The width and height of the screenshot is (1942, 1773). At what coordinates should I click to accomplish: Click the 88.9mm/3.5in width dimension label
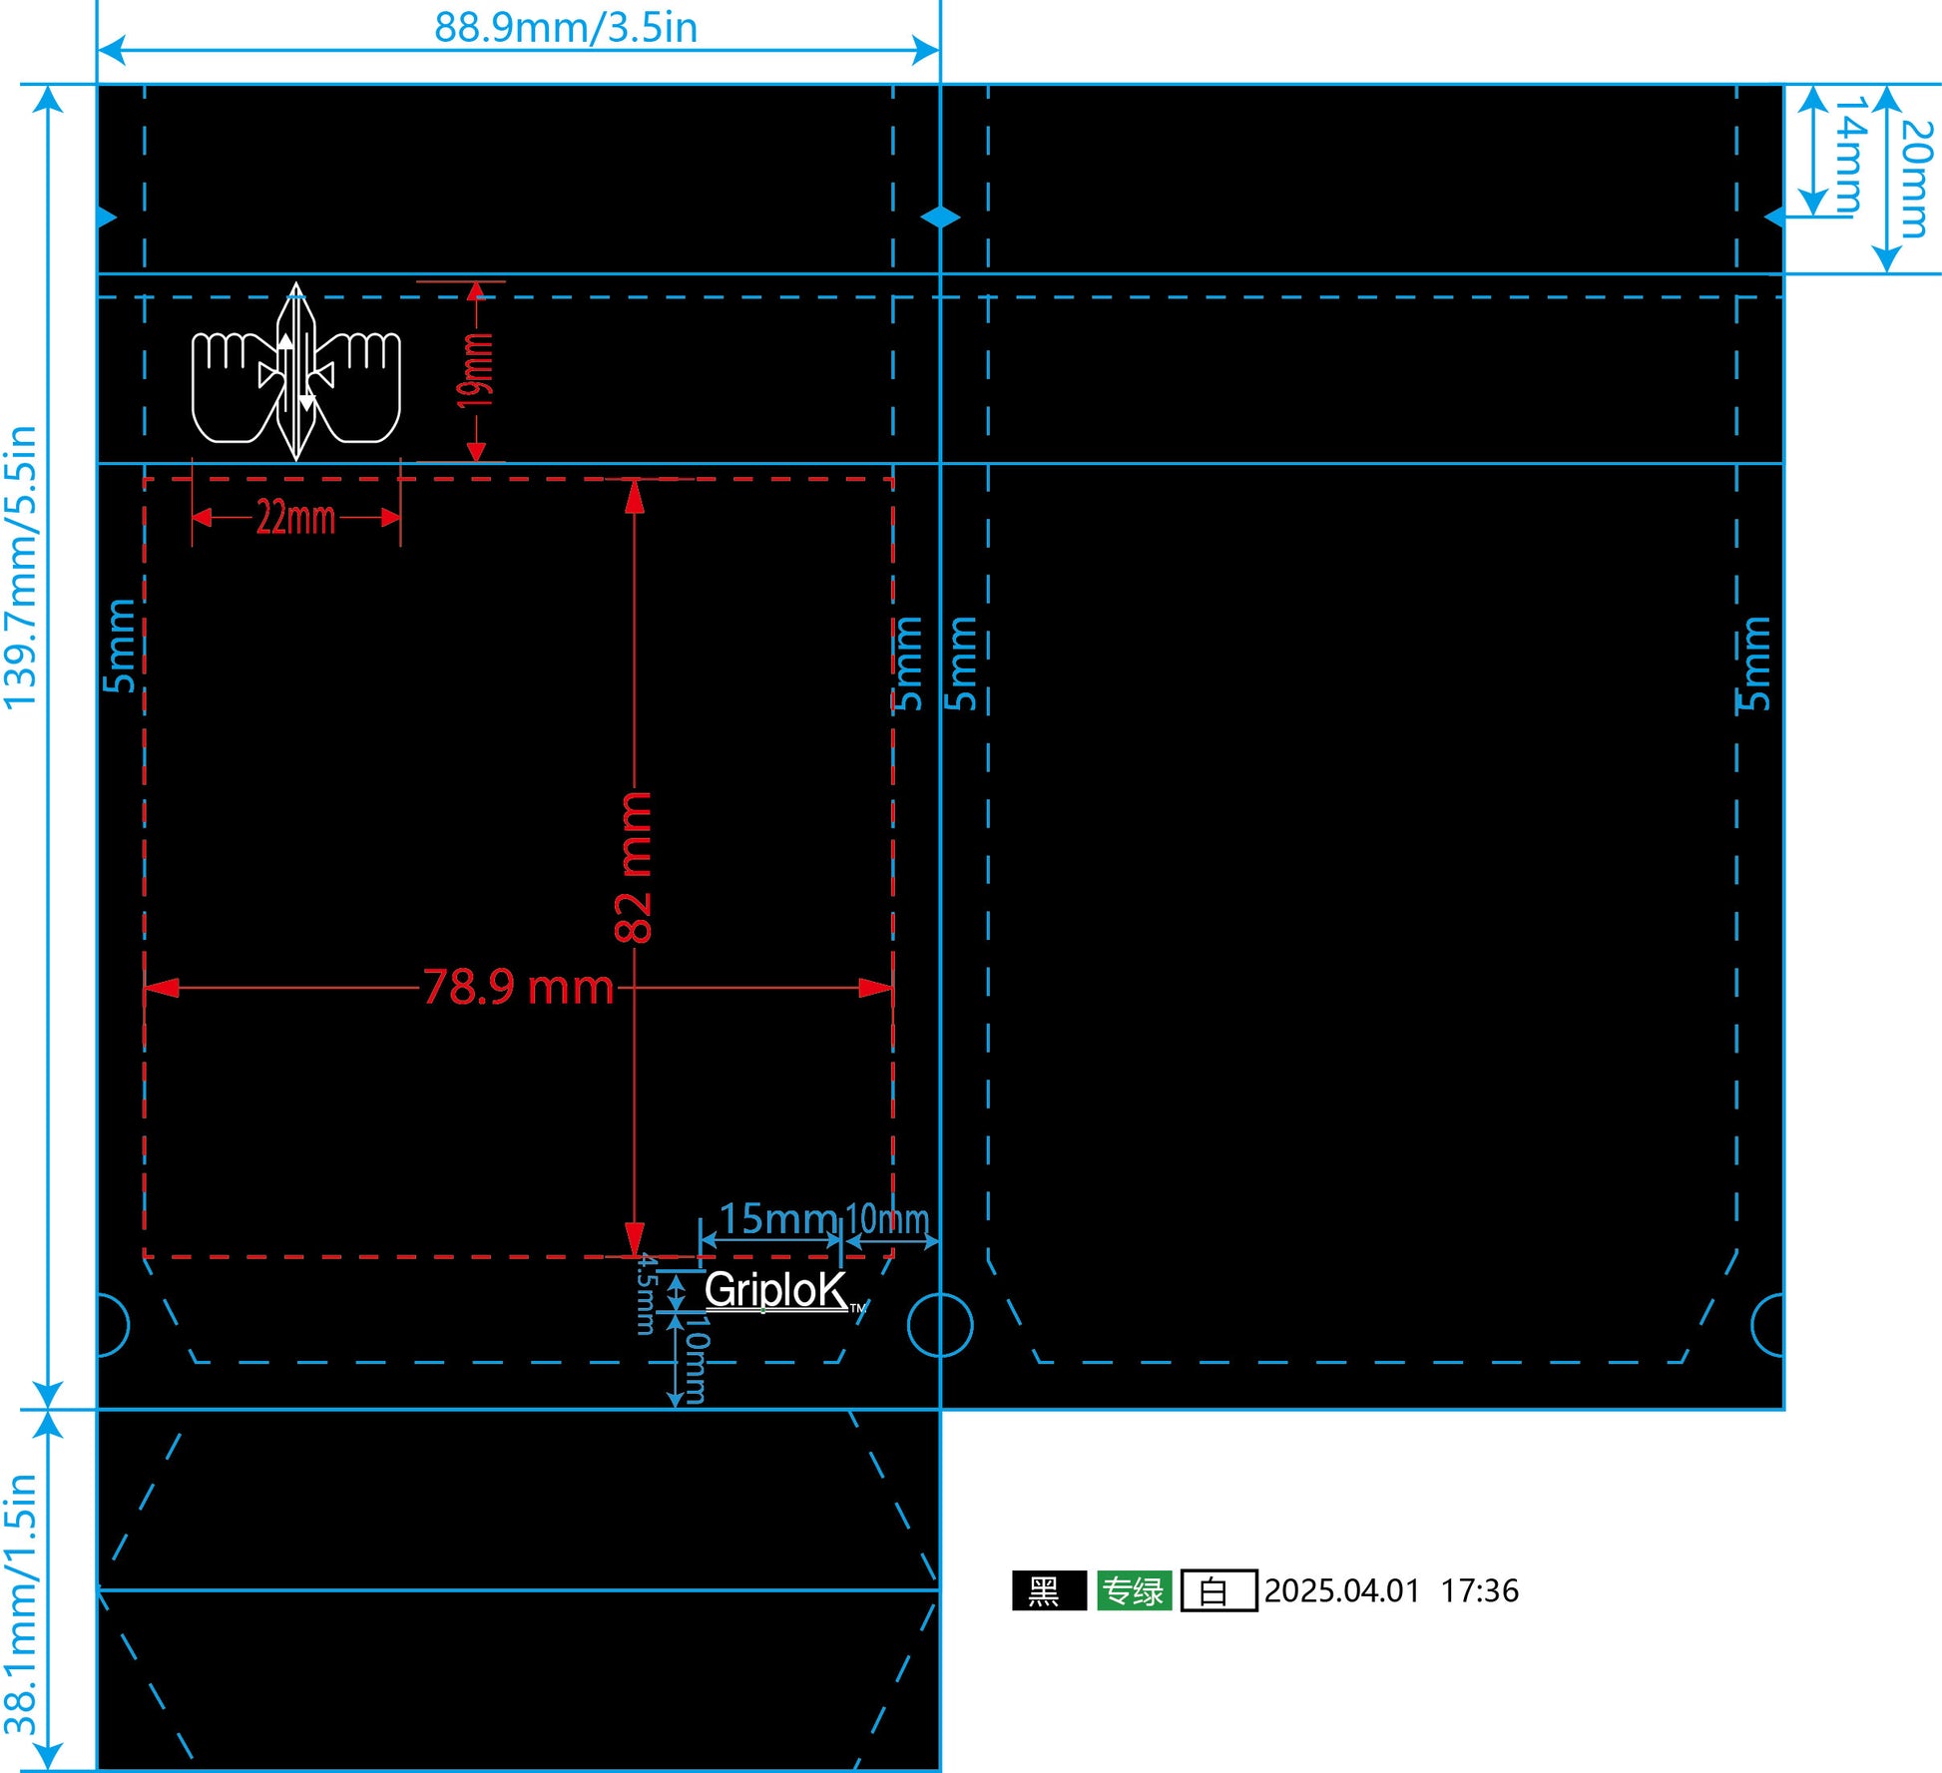tap(566, 27)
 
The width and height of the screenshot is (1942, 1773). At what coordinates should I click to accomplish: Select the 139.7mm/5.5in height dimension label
tap(21, 568)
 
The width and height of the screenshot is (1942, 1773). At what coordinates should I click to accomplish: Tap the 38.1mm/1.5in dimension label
tap(21, 1606)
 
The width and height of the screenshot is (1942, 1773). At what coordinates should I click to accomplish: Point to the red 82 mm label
tap(634, 867)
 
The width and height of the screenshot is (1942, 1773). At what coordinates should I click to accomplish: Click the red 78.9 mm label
tap(519, 987)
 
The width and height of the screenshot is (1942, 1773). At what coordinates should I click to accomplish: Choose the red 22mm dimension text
tap(295, 517)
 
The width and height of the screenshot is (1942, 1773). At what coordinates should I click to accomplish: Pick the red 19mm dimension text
tap(476, 370)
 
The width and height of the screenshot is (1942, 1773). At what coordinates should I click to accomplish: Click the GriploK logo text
tap(776, 1290)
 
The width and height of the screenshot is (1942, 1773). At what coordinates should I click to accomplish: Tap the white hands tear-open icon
tap(296, 372)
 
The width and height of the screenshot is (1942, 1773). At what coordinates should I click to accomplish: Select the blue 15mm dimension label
tap(777, 1218)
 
